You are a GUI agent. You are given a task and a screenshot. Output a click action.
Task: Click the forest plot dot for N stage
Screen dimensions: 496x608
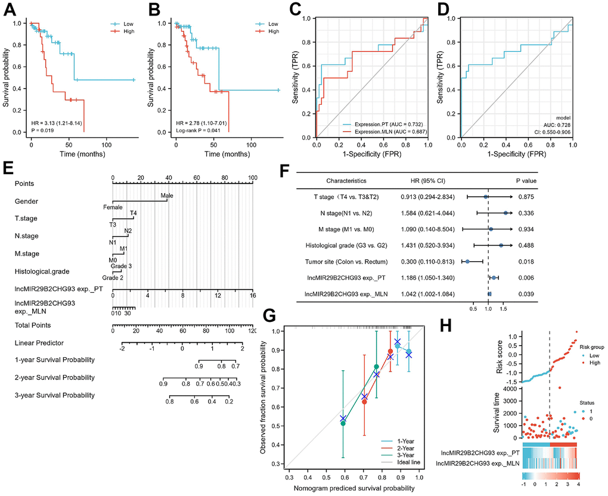505,213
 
